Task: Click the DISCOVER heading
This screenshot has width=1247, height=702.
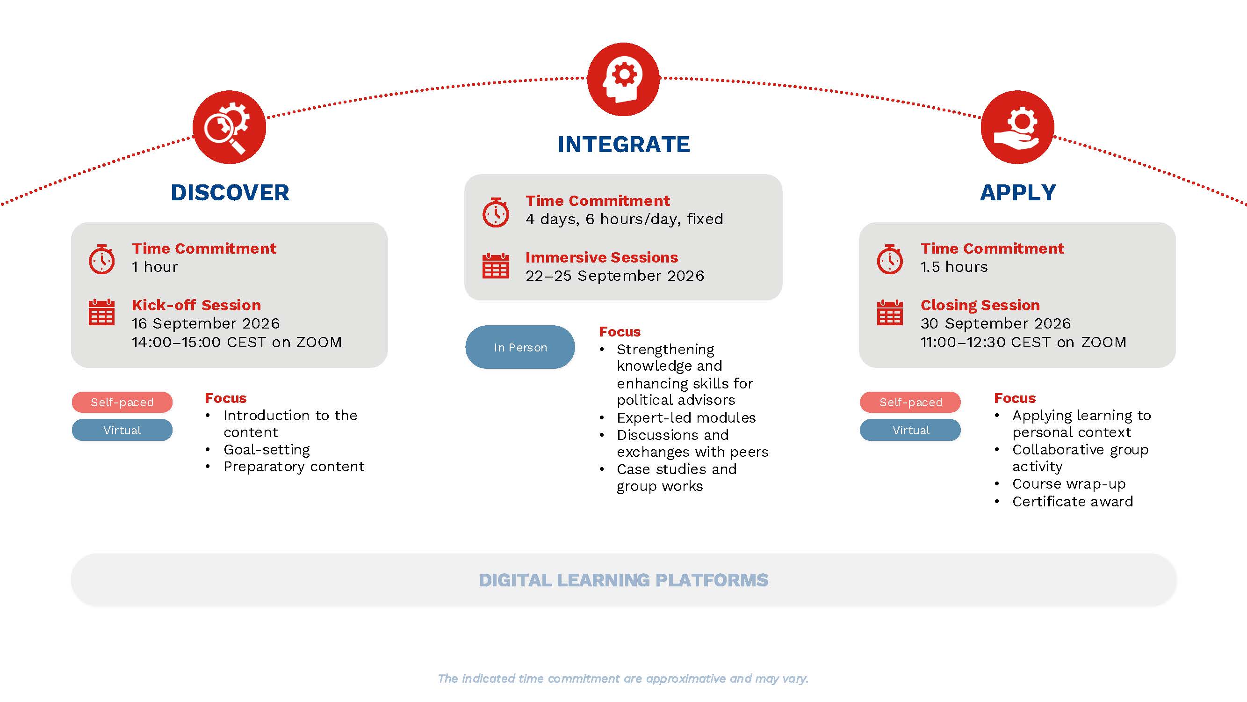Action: pyautogui.click(x=230, y=193)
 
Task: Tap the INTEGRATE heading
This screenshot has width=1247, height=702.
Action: pyautogui.click(x=624, y=144)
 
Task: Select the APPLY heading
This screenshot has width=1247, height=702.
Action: pyautogui.click(x=1017, y=193)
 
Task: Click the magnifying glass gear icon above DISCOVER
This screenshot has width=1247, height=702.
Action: pyautogui.click(x=229, y=127)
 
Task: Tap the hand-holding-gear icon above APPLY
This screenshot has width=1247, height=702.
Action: pyautogui.click(x=1017, y=127)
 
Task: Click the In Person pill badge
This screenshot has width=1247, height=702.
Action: pyautogui.click(x=520, y=347)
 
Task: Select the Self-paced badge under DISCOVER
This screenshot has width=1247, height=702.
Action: pyautogui.click(x=122, y=402)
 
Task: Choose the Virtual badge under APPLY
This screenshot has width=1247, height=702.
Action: pyautogui.click(x=910, y=430)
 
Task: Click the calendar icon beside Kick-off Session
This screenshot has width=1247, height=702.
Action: pyautogui.click(x=101, y=313)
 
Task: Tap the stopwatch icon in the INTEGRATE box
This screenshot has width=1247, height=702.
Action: pyautogui.click(x=496, y=212)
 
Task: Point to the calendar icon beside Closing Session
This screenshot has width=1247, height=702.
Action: pyautogui.click(x=890, y=313)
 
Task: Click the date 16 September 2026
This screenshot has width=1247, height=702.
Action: pyautogui.click(x=206, y=324)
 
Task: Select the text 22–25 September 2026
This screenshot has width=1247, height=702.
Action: pyautogui.click(x=615, y=276)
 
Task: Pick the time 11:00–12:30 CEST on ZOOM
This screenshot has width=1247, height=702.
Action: pyautogui.click(x=1024, y=343)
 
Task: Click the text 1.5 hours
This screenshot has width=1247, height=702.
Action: pyautogui.click(x=954, y=267)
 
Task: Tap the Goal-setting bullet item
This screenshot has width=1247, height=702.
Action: pyautogui.click(x=266, y=450)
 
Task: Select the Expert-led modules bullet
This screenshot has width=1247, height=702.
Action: pyautogui.click(x=686, y=417)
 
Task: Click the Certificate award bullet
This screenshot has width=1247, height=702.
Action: pyautogui.click(x=1072, y=501)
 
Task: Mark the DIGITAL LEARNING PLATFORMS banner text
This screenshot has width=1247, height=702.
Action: pyautogui.click(x=624, y=580)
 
